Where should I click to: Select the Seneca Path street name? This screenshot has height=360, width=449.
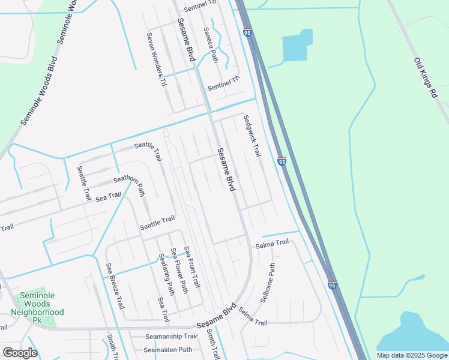pos(210,45)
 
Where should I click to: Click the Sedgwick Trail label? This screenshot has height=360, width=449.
pos(253,136)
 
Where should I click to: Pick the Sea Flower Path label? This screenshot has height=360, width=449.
pos(179,271)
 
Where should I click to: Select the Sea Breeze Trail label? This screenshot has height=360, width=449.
pos(115,285)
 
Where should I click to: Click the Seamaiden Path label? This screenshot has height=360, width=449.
pos(168,350)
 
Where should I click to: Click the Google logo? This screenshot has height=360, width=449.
pos(20,353)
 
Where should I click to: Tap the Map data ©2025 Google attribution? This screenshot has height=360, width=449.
pos(412,355)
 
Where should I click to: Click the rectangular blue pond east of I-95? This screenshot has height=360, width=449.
pos(298,46)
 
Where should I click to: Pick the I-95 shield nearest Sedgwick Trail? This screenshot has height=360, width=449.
pos(282,161)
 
